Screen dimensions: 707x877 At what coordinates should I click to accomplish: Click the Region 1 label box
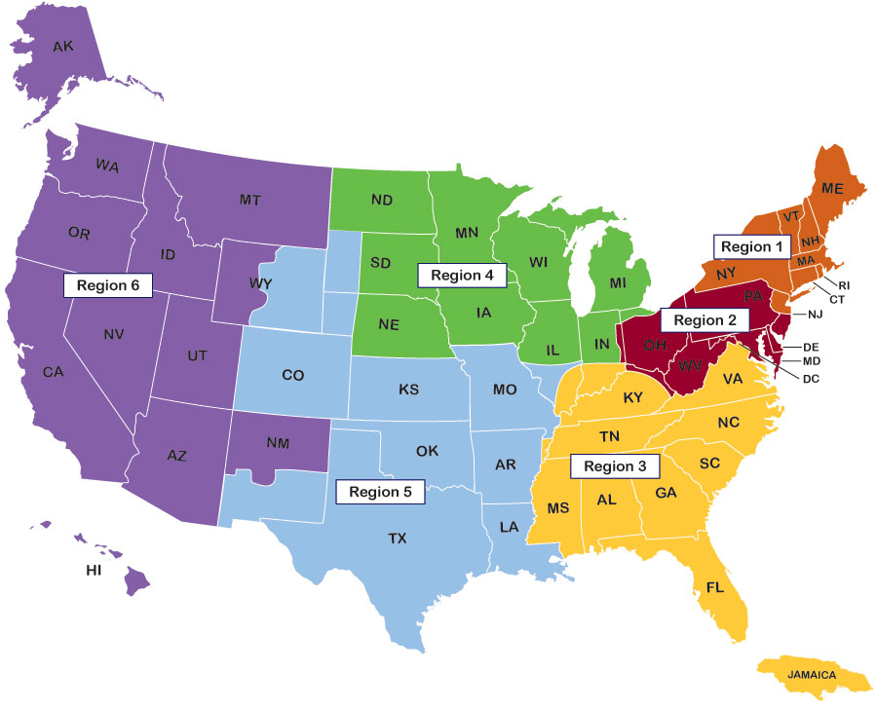752,246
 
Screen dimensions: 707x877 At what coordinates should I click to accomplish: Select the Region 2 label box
705,319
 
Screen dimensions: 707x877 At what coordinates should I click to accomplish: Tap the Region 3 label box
615,465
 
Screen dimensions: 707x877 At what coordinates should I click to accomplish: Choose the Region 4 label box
463,276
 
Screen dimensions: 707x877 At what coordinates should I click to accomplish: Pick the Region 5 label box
380,491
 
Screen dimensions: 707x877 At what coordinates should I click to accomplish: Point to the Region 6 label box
108,285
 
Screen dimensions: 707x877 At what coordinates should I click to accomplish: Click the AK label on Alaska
62,46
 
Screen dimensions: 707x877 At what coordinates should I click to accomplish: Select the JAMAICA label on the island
814,674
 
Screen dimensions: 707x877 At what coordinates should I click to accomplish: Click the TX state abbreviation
399,538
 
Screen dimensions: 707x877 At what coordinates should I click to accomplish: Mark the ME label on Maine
833,189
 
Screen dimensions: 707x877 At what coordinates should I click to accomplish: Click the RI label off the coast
844,285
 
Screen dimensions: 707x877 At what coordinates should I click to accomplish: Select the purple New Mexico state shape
278,443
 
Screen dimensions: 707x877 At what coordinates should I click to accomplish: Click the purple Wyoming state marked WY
239,285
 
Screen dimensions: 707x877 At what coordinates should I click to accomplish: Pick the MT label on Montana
250,200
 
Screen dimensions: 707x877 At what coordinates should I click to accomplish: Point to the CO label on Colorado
292,374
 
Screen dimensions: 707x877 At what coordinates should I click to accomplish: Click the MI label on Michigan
617,282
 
